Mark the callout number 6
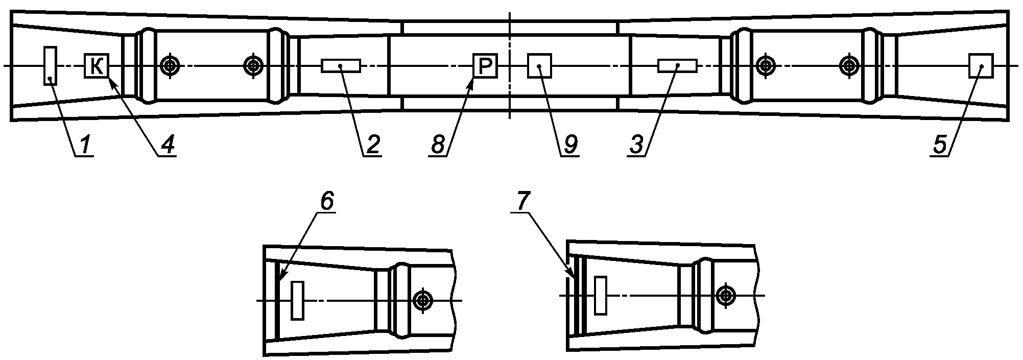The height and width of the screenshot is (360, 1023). tap(327, 202)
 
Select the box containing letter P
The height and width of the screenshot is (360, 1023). tap(486, 65)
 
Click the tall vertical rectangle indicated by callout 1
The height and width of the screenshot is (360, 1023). tap(50, 66)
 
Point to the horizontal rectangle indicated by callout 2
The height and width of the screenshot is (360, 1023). tap(341, 66)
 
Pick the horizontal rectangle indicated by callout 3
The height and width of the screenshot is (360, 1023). tap(677, 66)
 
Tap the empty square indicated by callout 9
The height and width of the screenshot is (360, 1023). tap(539, 65)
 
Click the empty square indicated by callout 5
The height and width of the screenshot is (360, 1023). tap(981, 65)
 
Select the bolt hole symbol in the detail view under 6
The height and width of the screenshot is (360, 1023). tap(423, 300)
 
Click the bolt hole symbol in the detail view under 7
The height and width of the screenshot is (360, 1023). tap(725, 296)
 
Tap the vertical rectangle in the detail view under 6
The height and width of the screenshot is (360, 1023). tap(297, 300)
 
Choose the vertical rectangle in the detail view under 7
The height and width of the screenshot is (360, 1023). tap(601, 296)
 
